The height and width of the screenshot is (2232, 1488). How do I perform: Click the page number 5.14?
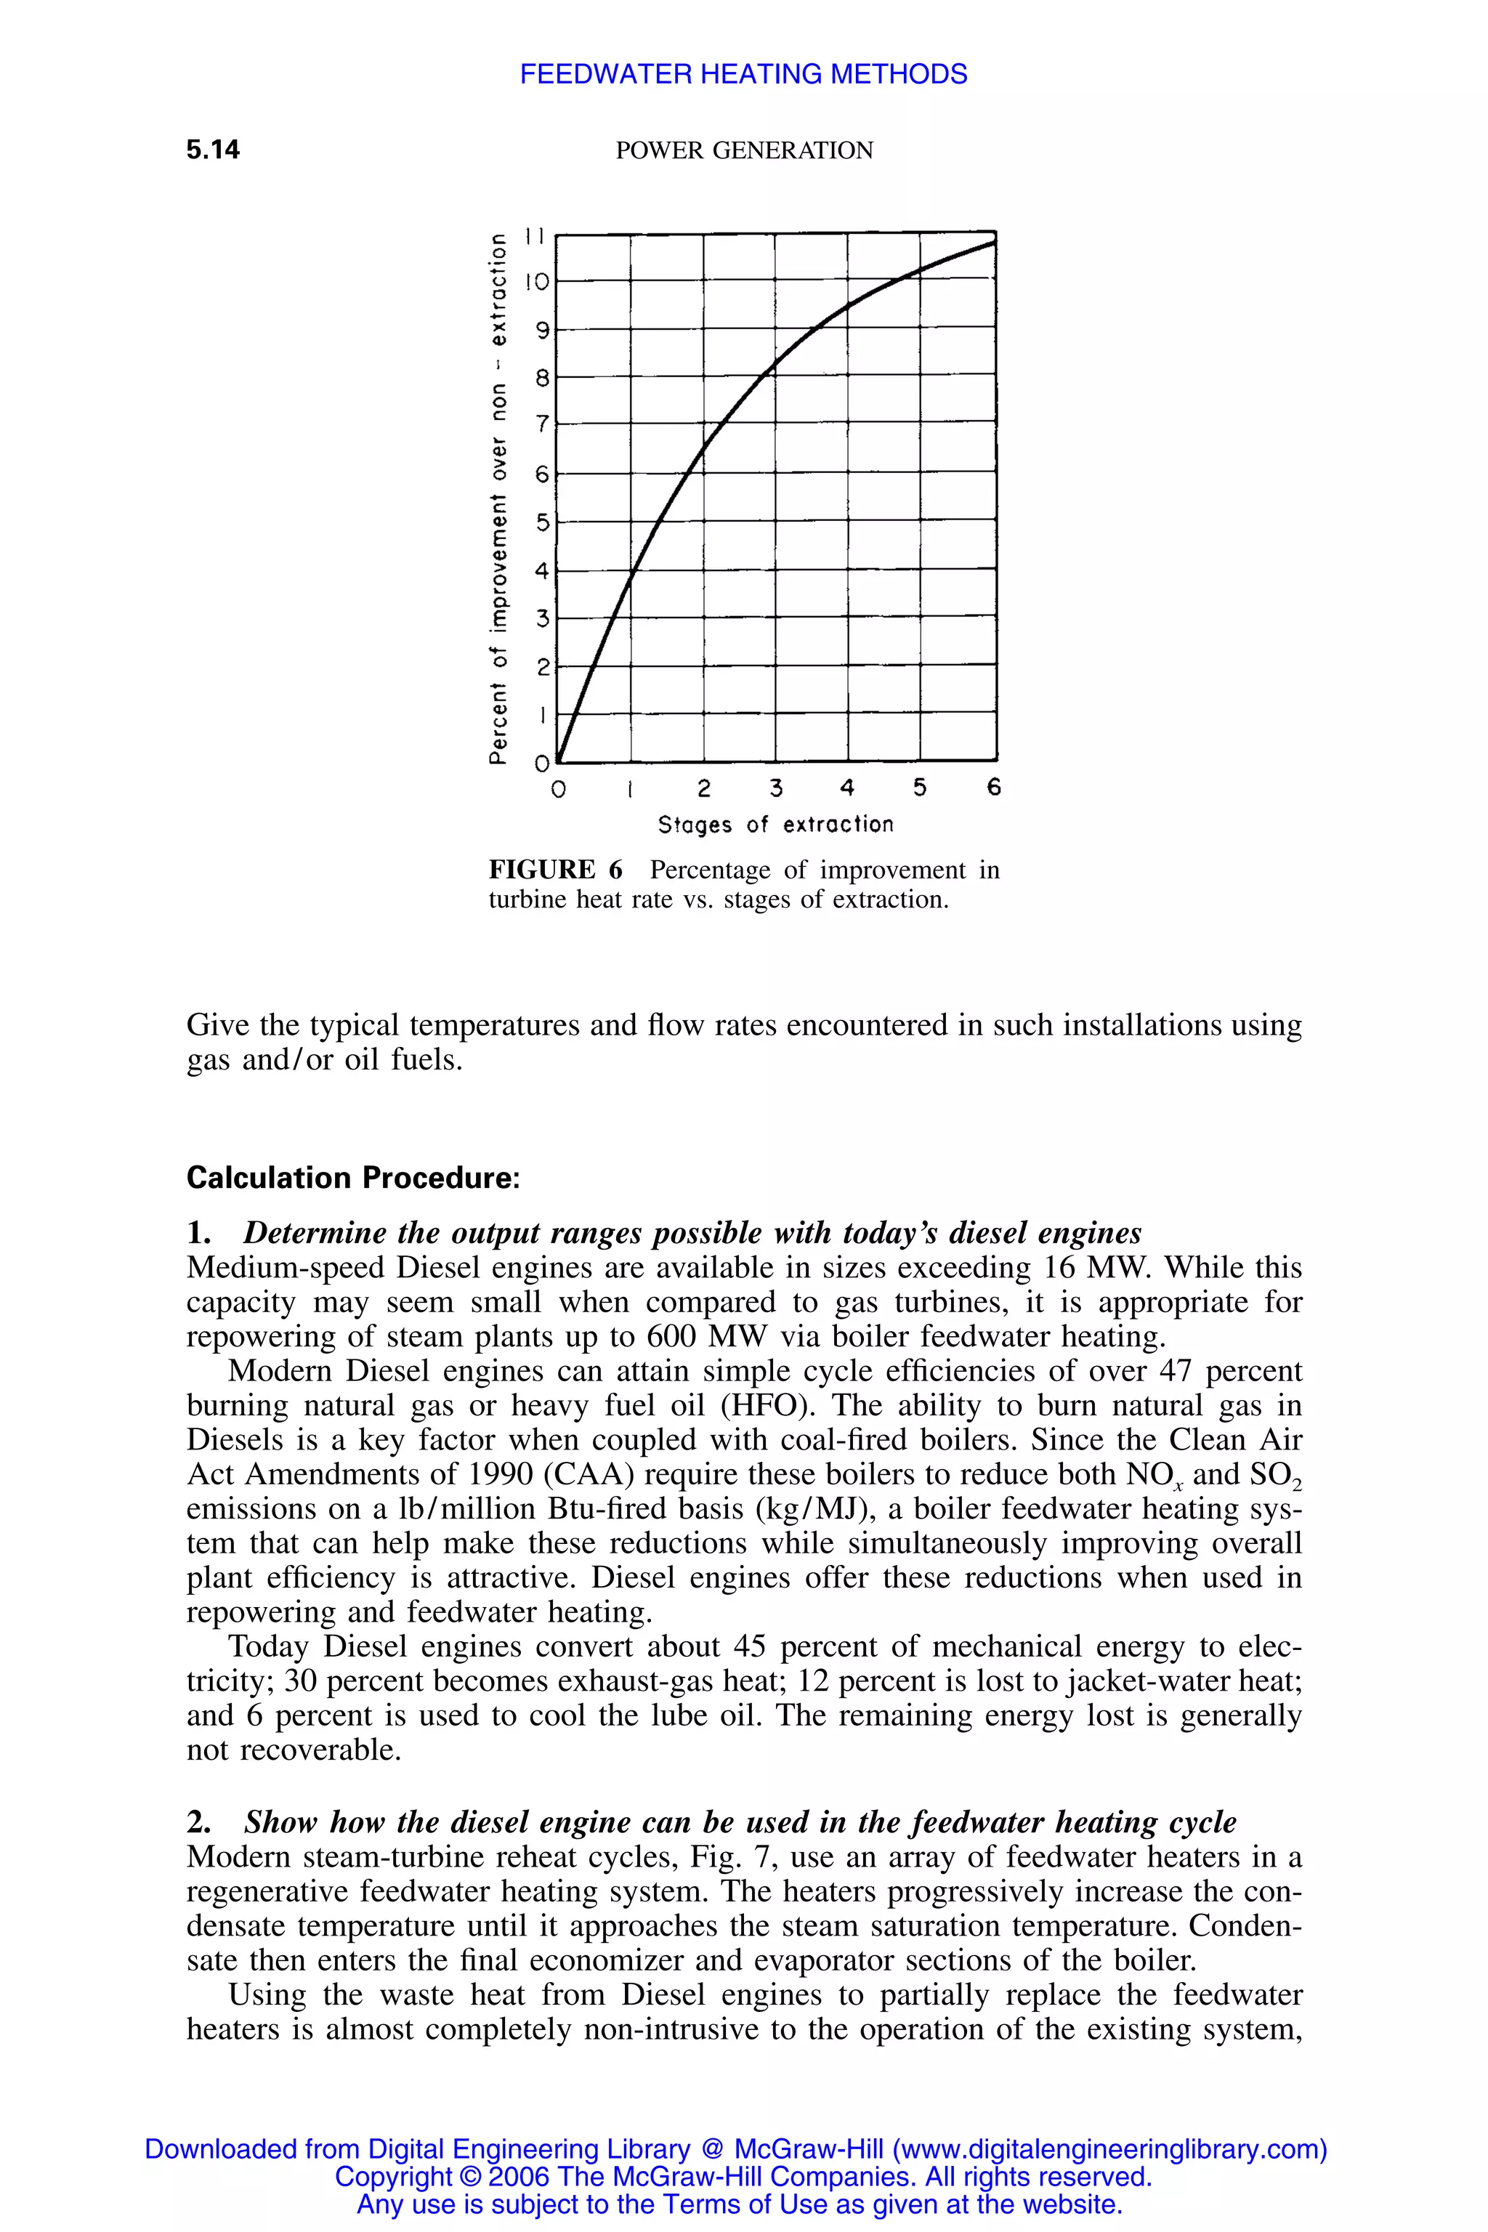click(x=213, y=150)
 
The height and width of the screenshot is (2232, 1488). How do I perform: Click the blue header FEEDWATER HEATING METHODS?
click(x=743, y=74)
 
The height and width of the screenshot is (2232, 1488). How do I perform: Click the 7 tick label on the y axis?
click(x=542, y=424)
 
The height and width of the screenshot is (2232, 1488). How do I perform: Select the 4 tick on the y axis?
click(x=542, y=570)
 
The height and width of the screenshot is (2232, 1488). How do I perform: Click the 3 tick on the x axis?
click(x=775, y=788)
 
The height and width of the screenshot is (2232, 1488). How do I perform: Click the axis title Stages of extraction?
click(x=775, y=825)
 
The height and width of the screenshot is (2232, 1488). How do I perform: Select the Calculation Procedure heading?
click(x=353, y=1178)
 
